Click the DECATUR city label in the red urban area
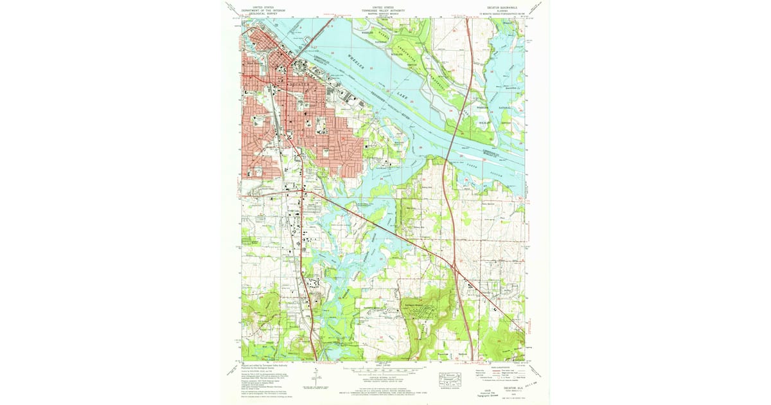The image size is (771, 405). click(299, 84)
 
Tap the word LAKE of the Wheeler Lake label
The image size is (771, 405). click(402, 96)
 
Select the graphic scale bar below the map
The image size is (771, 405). click(383, 371)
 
